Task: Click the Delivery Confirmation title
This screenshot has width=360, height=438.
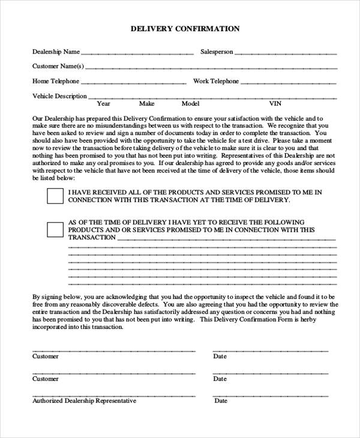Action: click(185, 28)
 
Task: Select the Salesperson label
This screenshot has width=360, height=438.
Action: click(217, 52)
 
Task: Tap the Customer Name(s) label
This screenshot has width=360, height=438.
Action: click(58, 66)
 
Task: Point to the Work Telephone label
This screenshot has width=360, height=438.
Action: click(216, 81)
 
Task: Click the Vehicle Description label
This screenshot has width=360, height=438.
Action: click(59, 96)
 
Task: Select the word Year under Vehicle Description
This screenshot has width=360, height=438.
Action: click(103, 104)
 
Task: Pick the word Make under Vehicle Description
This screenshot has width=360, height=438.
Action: click(147, 104)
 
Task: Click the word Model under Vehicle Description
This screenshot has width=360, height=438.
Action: click(190, 104)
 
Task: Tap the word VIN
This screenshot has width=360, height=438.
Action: click(275, 104)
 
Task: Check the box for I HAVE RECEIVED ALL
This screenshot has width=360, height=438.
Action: click(55, 196)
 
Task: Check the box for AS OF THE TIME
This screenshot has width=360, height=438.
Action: click(55, 229)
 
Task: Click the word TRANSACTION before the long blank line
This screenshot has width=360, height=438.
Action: click(92, 238)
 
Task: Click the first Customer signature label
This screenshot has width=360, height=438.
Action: click(46, 356)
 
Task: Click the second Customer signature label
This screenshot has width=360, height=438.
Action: click(46, 379)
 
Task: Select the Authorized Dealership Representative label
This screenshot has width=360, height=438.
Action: click(84, 401)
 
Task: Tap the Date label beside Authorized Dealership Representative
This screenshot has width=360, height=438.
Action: click(220, 401)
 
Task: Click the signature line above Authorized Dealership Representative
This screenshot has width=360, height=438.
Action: click(113, 395)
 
